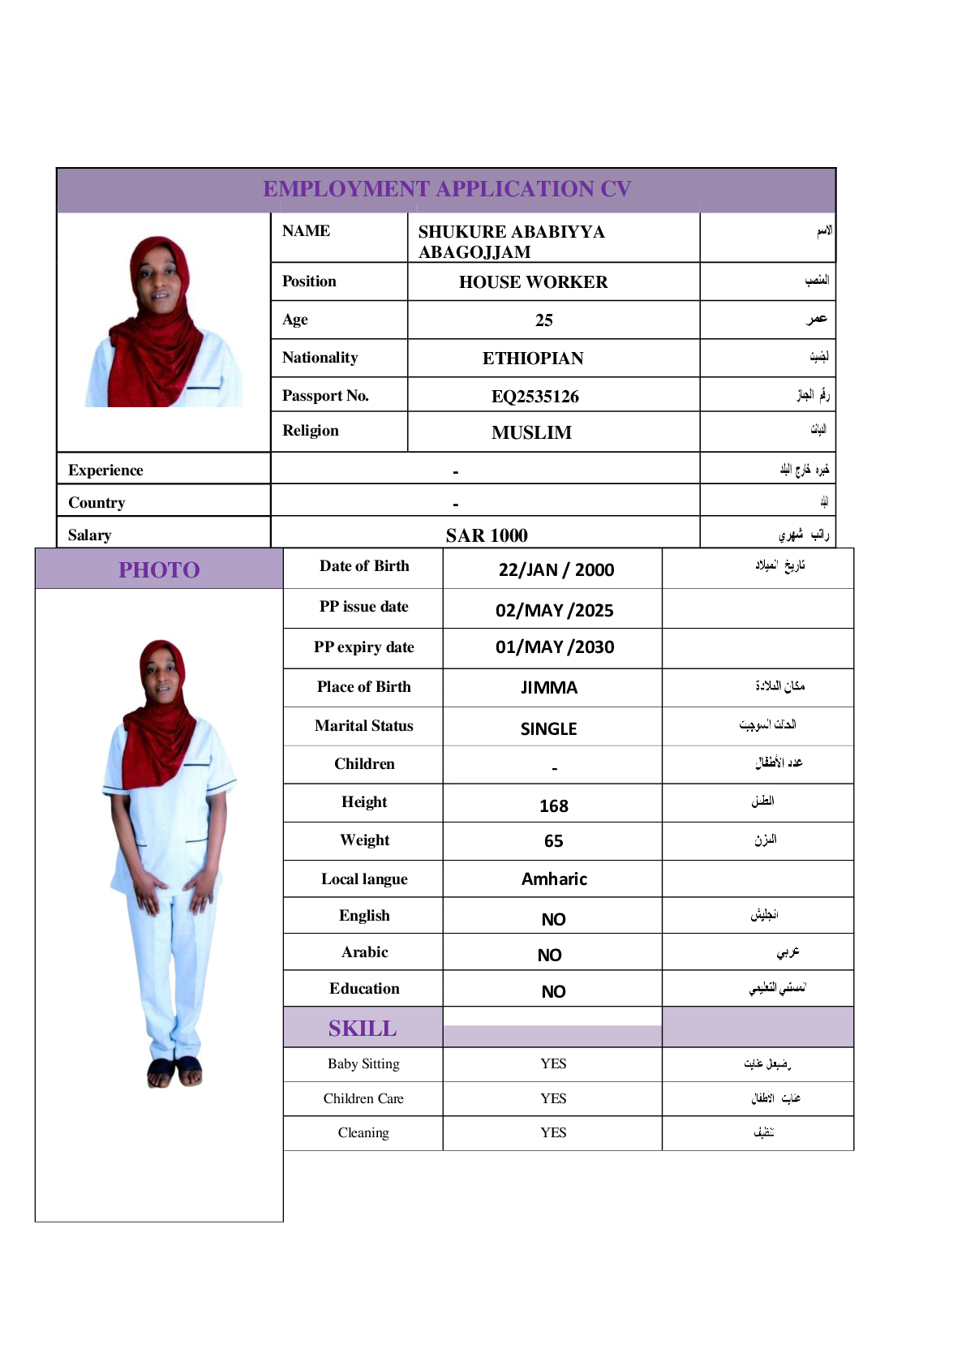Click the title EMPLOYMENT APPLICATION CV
(447, 189)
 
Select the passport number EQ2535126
(535, 397)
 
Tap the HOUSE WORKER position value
(533, 282)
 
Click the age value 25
(544, 320)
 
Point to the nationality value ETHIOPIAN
(533, 359)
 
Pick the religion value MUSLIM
(531, 433)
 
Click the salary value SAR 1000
(487, 535)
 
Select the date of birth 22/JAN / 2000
(556, 570)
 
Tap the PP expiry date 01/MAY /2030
(555, 647)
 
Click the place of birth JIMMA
(549, 688)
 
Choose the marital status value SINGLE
(549, 729)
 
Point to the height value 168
(554, 806)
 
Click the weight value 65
(554, 841)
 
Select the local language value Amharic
(554, 879)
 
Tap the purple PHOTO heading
(159, 570)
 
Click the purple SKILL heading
(363, 1029)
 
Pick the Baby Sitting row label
(363, 1064)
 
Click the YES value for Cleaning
(554, 1133)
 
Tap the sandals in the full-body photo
(174, 1072)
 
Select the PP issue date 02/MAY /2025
(555, 611)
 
